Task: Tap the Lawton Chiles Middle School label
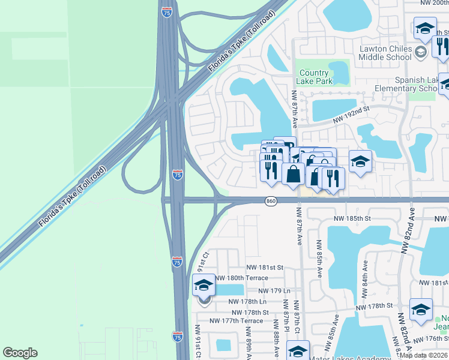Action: [x=385, y=53]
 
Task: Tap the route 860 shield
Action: [x=271, y=202]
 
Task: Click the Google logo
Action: [x=20, y=353]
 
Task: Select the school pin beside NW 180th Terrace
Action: [x=203, y=286]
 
